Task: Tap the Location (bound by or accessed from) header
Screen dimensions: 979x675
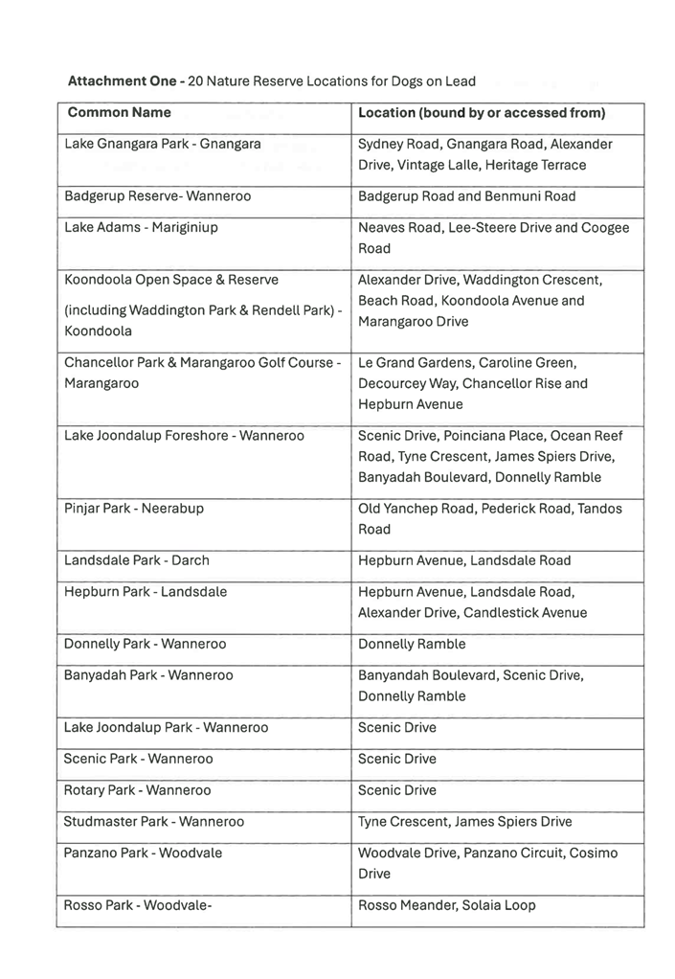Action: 482,113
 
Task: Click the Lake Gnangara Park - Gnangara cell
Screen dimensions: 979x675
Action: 162,145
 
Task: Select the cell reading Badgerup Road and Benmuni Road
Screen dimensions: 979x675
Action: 466,196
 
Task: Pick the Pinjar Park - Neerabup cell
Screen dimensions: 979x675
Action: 134,509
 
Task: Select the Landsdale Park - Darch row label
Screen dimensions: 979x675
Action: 137,560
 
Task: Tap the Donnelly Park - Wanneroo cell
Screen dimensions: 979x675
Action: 146,645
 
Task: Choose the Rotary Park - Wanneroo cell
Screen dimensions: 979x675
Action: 138,790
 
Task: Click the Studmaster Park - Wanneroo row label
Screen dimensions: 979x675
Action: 154,822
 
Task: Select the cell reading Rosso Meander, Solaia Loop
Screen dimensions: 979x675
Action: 446,905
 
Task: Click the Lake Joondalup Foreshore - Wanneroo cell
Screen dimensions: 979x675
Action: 184,436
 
